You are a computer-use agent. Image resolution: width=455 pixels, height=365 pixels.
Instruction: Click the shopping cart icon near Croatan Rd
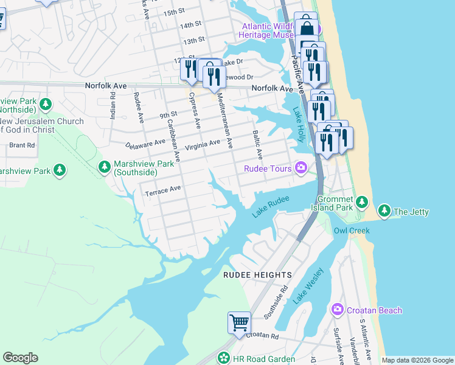click(239, 321)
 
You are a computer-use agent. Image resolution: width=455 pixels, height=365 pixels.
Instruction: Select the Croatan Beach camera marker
click(337, 310)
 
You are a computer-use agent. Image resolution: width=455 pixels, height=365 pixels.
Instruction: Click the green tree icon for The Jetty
click(384, 211)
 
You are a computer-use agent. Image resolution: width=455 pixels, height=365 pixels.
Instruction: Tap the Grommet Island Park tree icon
click(362, 201)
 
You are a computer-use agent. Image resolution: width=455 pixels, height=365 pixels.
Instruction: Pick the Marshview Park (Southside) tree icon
click(105, 166)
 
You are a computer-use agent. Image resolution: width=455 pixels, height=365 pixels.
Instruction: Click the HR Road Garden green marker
click(224, 358)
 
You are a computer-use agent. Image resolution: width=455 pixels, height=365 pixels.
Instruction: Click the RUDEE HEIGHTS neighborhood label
click(257, 275)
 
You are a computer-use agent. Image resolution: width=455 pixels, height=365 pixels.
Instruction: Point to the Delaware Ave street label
click(145, 144)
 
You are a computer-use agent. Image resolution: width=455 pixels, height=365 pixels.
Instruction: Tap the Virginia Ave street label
click(203, 144)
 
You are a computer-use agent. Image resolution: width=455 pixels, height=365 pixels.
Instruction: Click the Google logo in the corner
click(21, 358)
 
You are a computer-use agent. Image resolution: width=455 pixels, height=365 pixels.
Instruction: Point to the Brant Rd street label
click(22, 145)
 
